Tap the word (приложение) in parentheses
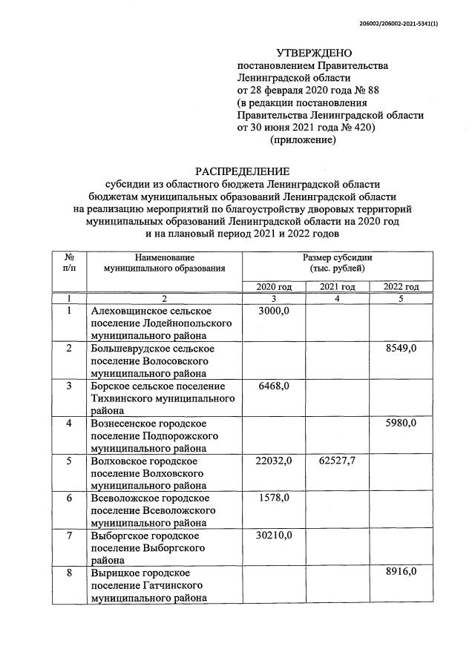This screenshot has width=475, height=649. click(303, 139)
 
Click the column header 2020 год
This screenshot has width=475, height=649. click(274, 287)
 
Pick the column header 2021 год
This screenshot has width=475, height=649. click(337, 287)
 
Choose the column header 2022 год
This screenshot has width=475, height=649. click(401, 287)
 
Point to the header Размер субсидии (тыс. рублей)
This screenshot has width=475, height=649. click(337, 263)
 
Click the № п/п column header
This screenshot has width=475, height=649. click(69, 262)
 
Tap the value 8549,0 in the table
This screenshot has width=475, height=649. click(401, 349)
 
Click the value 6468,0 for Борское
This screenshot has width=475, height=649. click(274, 386)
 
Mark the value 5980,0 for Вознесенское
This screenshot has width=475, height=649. click(401, 424)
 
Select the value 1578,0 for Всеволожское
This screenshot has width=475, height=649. click(274, 498)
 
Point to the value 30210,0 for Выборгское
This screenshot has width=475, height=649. click(274, 536)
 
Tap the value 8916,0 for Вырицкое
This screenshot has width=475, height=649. click(401, 573)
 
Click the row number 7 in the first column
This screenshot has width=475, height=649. click(69, 536)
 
